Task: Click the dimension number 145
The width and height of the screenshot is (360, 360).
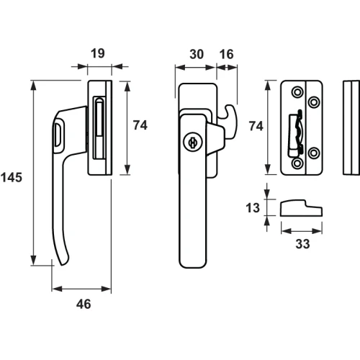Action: click(12, 178)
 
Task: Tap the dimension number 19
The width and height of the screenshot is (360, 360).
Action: click(98, 53)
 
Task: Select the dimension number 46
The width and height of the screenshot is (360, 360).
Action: click(84, 304)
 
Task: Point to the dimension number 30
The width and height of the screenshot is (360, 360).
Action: click(197, 54)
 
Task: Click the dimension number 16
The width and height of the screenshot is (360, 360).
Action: click(226, 54)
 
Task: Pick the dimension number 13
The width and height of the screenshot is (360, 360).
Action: click(253, 208)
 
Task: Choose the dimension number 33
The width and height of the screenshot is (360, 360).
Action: click(302, 244)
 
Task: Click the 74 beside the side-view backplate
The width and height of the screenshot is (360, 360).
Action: click(140, 125)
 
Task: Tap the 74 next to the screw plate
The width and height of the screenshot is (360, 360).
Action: click(256, 126)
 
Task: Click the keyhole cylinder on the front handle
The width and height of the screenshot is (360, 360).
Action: click(193, 142)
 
